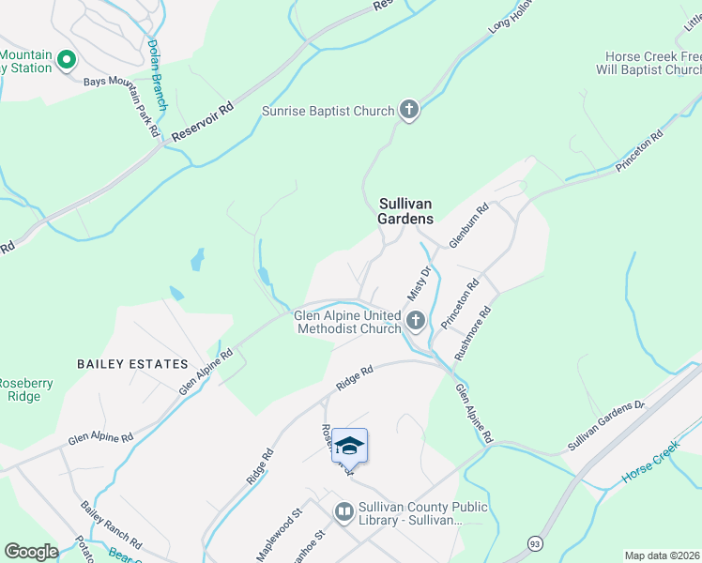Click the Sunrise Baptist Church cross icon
click(408, 111)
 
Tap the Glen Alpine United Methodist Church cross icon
click(416, 322)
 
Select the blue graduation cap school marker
click(349, 445)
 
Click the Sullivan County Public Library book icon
click(343, 512)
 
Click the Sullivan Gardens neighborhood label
click(406, 210)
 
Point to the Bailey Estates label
click(132, 364)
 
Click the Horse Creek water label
click(649, 466)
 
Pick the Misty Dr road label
click(418, 283)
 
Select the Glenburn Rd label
click(469, 226)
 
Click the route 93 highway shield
click(535, 543)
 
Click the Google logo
click(31, 552)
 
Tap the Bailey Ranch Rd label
click(111, 531)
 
